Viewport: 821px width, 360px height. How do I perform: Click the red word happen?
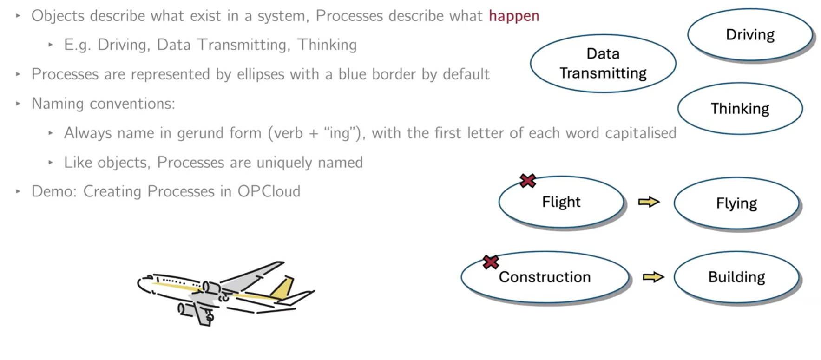(x=513, y=16)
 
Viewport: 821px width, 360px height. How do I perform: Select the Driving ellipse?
(x=749, y=34)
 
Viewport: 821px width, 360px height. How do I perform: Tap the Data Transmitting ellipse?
(x=603, y=63)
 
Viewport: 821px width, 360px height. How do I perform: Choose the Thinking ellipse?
(x=739, y=109)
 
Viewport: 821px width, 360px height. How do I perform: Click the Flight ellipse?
(x=561, y=202)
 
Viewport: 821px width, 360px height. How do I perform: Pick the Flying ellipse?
(x=736, y=203)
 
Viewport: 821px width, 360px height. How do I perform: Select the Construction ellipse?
(x=545, y=277)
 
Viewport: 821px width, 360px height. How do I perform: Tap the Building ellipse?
(x=736, y=277)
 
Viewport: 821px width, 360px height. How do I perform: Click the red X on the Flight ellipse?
(x=528, y=180)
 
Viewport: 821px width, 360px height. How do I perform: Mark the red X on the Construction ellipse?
(x=491, y=262)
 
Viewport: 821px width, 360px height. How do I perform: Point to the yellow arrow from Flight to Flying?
(x=649, y=202)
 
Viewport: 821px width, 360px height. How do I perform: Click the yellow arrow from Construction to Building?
(x=653, y=277)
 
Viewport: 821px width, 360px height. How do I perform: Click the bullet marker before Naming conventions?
(x=18, y=104)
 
